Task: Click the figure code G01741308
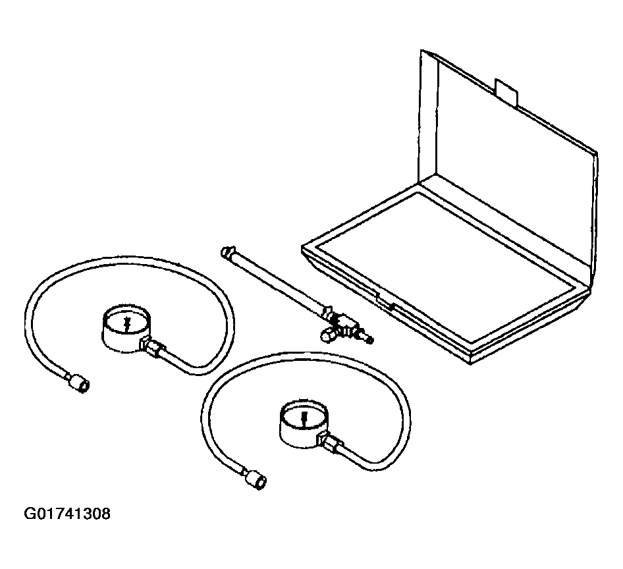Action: point(67,514)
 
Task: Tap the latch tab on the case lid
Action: point(506,93)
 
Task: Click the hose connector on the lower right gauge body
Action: point(329,443)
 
